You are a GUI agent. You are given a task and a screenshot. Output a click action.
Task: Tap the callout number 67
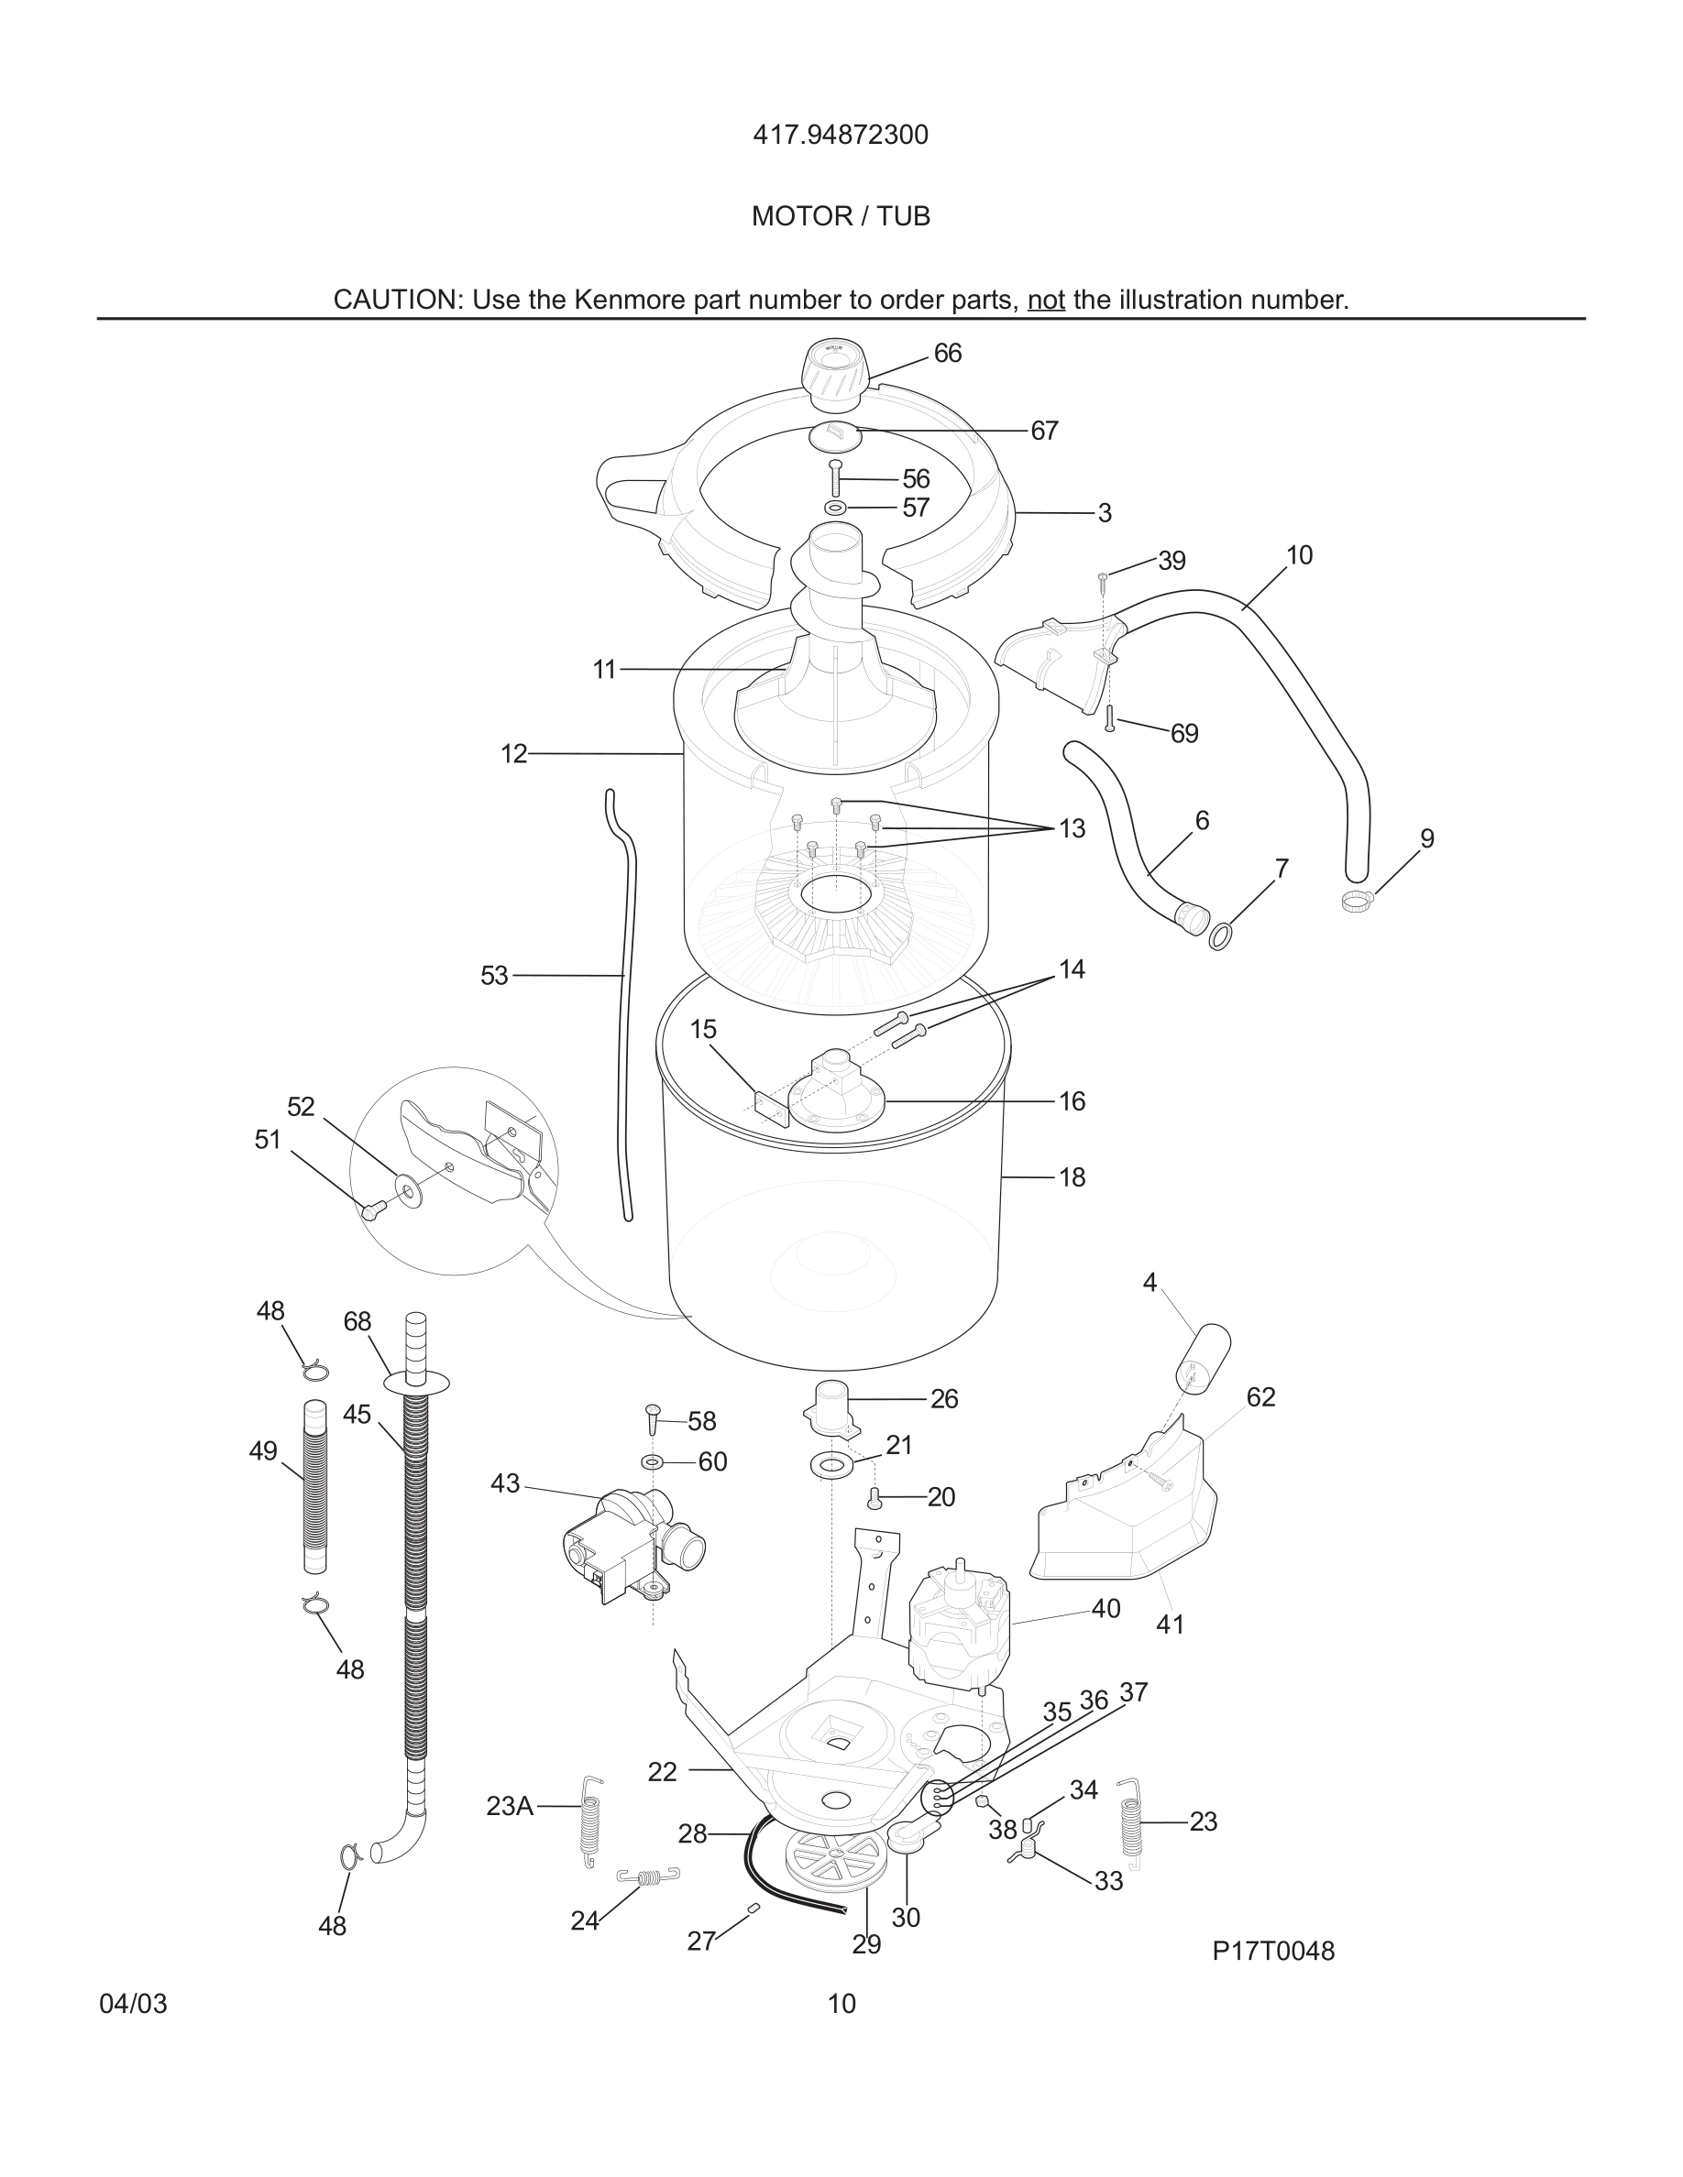pyautogui.click(x=1044, y=431)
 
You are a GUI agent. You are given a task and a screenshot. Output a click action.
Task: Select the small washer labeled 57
pyautogui.click(x=835, y=508)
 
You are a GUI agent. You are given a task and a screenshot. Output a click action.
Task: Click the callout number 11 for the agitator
pyautogui.click(x=604, y=670)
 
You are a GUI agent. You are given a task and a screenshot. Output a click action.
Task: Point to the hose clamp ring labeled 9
pyautogui.click(x=1357, y=901)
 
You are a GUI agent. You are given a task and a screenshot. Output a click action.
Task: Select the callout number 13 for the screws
pyautogui.click(x=1072, y=828)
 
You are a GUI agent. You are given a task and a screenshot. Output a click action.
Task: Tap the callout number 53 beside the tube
pyautogui.click(x=494, y=976)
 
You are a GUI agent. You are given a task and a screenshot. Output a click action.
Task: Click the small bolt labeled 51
pyautogui.click(x=375, y=1210)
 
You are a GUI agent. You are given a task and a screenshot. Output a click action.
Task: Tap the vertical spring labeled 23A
pyautogui.click(x=590, y=1819)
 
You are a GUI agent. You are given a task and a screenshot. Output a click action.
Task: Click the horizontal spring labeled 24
pyautogui.click(x=648, y=1877)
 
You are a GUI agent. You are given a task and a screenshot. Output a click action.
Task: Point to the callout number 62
pyautogui.click(x=1260, y=1397)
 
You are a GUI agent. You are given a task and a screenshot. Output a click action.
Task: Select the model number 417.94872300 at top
pyautogui.click(x=841, y=135)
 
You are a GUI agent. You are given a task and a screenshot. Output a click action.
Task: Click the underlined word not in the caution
pyautogui.click(x=1046, y=300)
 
